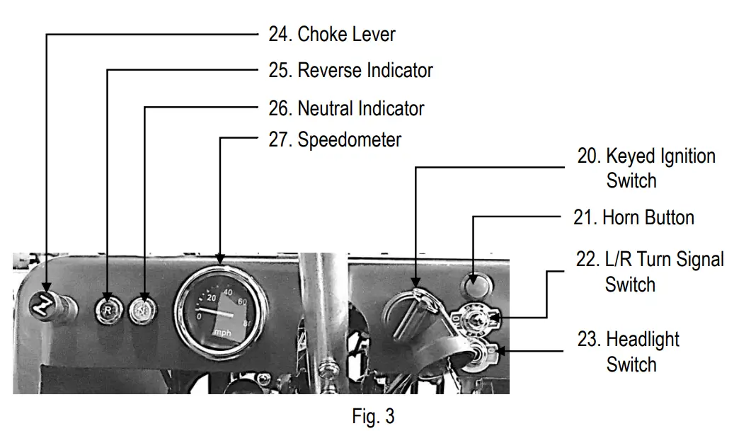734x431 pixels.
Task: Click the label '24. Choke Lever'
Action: point(331,34)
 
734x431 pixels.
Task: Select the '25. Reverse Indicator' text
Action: point(350,71)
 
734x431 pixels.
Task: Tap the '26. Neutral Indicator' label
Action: point(346,108)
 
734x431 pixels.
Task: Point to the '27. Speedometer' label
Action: point(335,140)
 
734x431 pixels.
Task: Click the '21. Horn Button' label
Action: point(633,217)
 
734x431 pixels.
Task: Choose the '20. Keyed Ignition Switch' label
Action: point(646,168)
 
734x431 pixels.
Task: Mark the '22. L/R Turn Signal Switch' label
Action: point(649,272)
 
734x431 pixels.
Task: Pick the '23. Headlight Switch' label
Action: point(628,352)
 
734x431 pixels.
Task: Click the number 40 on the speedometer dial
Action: point(229,291)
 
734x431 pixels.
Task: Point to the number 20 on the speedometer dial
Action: point(210,298)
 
